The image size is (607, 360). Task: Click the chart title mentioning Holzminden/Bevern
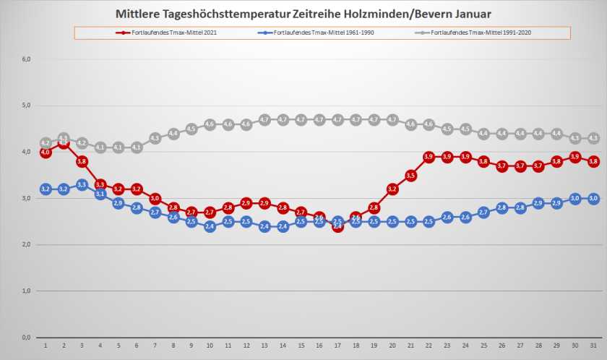pyautogui.click(x=303, y=14)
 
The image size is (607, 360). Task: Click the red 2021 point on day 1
pyautogui.click(x=46, y=153)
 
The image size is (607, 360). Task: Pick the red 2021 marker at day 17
pyautogui.click(x=337, y=226)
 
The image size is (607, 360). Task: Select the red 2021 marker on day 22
pyautogui.click(x=429, y=157)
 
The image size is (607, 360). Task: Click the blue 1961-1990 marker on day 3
pyautogui.click(x=82, y=185)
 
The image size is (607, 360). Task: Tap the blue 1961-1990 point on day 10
pyautogui.click(x=210, y=226)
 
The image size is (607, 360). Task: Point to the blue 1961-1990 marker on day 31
pyautogui.click(x=593, y=198)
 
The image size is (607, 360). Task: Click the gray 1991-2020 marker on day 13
pyautogui.click(x=264, y=119)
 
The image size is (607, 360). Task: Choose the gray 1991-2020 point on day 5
pyautogui.click(x=119, y=147)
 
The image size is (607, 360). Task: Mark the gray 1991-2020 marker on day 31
pyautogui.click(x=593, y=138)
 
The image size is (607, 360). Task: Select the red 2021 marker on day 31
pyautogui.click(x=593, y=161)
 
